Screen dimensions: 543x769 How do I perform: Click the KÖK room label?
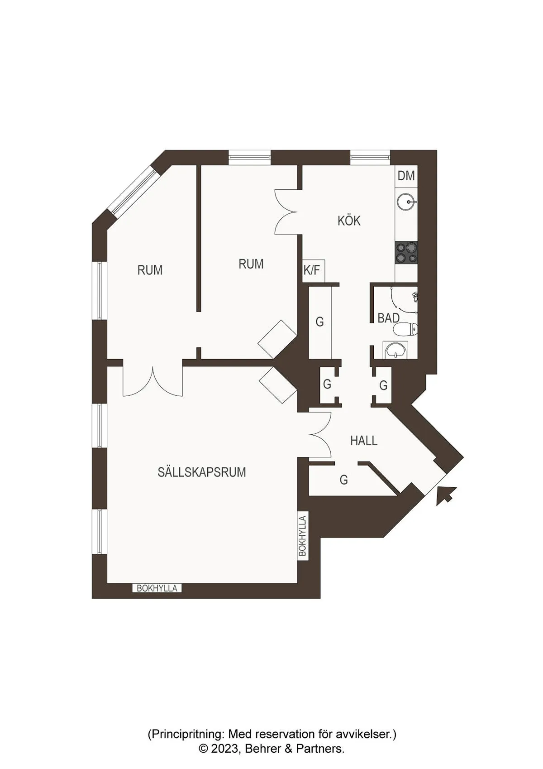[349, 221]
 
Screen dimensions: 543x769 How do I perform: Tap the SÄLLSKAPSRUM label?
[202, 472]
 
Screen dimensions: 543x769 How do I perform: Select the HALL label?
[364, 441]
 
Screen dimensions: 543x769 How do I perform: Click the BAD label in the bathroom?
[388, 318]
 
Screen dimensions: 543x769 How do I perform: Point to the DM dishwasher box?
[406, 176]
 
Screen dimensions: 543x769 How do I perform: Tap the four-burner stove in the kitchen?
[406, 253]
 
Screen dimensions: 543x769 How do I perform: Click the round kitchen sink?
[406, 202]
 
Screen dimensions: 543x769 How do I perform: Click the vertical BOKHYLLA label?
[302, 536]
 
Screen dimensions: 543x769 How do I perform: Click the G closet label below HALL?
[344, 480]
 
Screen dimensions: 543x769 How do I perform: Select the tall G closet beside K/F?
[320, 322]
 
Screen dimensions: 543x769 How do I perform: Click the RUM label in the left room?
[150, 270]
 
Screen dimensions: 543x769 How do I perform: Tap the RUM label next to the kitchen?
[251, 264]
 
